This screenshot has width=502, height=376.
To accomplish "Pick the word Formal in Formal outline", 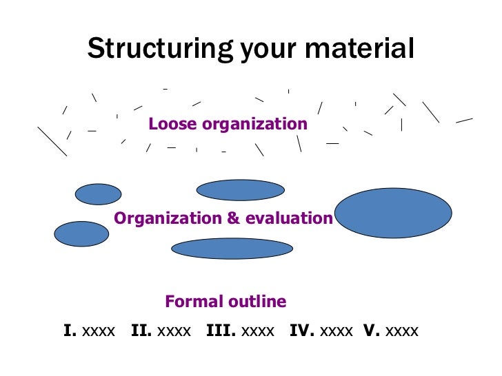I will [x=190, y=301].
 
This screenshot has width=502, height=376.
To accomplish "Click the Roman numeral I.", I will [x=70, y=331].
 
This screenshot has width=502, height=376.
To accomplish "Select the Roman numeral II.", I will [x=141, y=331].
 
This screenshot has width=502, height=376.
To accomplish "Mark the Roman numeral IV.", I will [x=302, y=331].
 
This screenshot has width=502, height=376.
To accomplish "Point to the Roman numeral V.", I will [x=372, y=331].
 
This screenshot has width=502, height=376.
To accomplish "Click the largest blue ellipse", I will [x=393, y=213].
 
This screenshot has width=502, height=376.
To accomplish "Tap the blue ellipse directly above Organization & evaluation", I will [x=240, y=190].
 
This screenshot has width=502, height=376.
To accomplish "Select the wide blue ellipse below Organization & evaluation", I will [x=232, y=249].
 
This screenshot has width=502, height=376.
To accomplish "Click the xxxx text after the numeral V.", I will [x=402, y=331].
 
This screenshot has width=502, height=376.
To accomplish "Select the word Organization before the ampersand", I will [x=168, y=218].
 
